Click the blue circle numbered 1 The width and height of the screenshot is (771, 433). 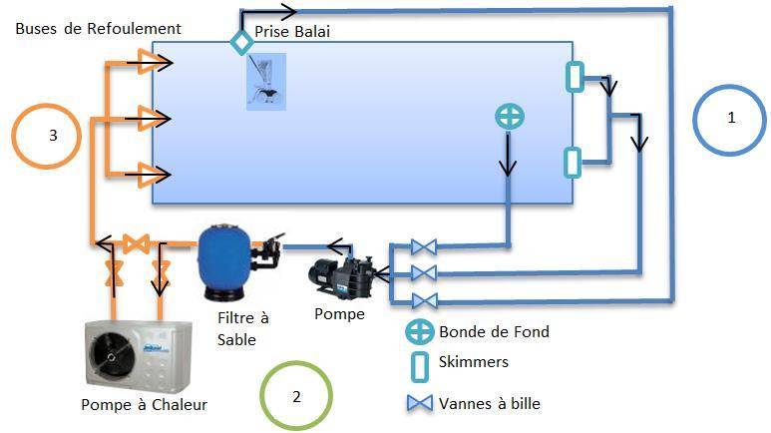click(x=694, y=121)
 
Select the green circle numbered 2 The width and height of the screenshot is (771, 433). click(x=261, y=396)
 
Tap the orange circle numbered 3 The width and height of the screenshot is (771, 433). click(x=13, y=137)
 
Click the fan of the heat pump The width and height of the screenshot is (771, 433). click(x=112, y=353)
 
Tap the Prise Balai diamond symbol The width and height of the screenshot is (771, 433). click(x=242, y=42)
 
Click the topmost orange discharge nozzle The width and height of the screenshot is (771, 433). click(x=148, y=62)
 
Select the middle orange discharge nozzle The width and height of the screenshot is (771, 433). click(x=148, y=118)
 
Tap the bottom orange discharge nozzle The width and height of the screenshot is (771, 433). click(x=148, y=175)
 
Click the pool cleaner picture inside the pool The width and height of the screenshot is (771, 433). click(x=266, y=82)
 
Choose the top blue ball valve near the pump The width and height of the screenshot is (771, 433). click(x=424, y=246)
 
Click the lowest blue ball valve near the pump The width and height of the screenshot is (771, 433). click(x=424, y=300)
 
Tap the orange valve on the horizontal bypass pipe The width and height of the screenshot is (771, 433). click(x=136, y=243)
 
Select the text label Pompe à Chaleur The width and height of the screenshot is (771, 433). click(x=144, y=405)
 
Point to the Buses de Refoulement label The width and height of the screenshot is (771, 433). click(x=99, y=29)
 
